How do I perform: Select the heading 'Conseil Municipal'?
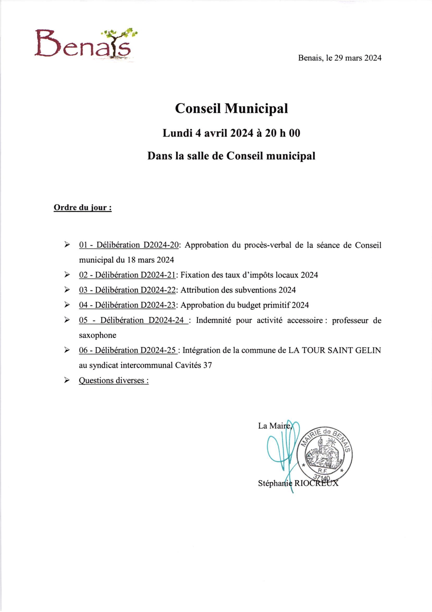click(231, 108)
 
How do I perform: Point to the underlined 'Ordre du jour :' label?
click(83, 207)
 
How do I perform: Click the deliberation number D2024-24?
click(166, 320)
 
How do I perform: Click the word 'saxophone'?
click(97, 335)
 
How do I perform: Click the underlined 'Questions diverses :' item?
click(114, 380)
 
